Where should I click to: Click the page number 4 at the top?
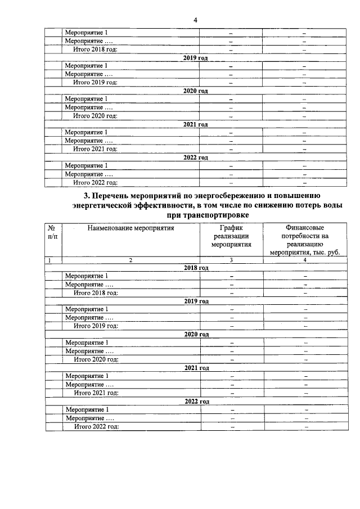(195, 20)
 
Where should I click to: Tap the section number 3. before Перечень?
(86, 195)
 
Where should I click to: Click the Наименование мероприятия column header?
(130, 228)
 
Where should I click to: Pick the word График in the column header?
(231, 228)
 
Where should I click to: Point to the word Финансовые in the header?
(304, 228)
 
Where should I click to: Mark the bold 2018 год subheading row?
(196, 268)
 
